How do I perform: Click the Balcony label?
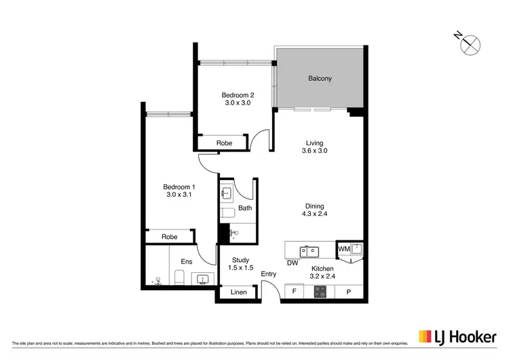320,79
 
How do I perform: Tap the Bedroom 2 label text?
238,95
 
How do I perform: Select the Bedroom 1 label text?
179,187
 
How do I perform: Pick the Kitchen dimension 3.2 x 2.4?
316,277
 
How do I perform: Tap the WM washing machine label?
343,250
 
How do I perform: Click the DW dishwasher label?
293,263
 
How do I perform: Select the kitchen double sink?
310,251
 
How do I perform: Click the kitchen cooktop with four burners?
320,293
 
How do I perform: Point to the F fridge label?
294,293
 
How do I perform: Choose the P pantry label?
349,293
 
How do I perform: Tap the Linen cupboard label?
238,293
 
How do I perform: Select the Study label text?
241,260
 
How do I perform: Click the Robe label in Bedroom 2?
224,143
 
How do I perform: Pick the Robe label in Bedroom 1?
170,237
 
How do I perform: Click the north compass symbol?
470,44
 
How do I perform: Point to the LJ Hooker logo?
457,336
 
